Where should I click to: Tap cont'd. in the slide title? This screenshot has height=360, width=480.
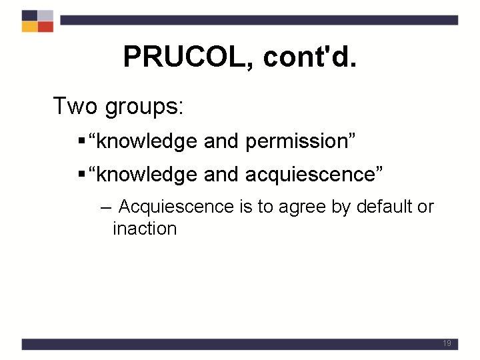point(310,57)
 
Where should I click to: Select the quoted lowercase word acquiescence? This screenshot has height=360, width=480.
point(311,174)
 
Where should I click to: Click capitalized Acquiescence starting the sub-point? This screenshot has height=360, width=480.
point(175,207)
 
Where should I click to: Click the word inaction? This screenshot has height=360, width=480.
point(145,229)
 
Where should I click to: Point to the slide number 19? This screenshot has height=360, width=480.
point(446,343)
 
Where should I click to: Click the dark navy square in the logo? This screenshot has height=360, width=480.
point(29,15)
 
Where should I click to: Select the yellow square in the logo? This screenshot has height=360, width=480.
point(29,27)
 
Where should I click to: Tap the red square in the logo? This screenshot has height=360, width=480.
point(45,27)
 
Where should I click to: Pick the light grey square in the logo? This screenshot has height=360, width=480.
point(45,15)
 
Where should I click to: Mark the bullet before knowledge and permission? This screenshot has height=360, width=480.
point(81,141)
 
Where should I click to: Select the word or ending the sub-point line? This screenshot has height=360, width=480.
point(425,207)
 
